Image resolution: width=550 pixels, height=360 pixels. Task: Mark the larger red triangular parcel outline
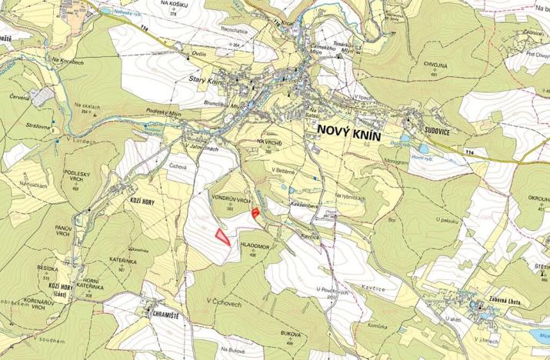click(222, 236)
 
